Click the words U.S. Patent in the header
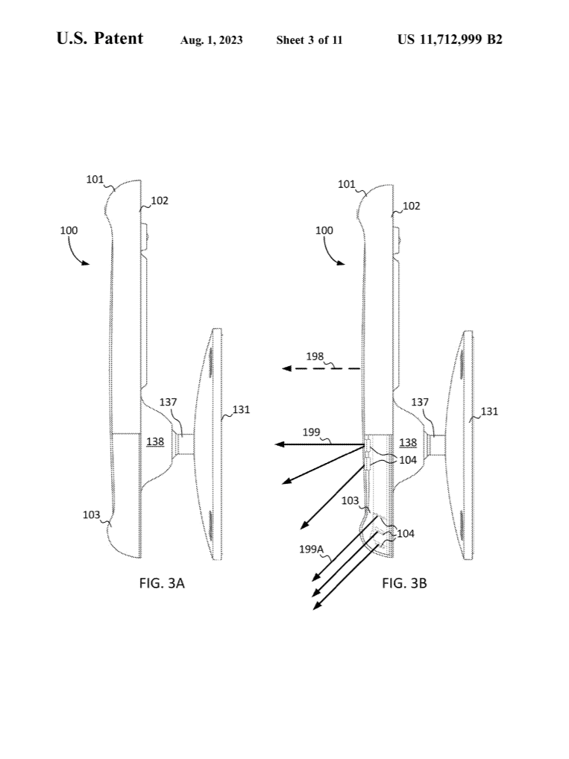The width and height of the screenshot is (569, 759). tap(99, 39)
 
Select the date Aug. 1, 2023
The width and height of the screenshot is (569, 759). tap(211, 40)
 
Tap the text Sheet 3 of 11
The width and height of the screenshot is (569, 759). tap(309, 40)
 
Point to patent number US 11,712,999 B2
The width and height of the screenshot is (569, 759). tap(450, 40)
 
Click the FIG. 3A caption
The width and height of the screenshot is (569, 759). tap(162, 583)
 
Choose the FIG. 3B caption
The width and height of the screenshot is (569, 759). tap(404, 583)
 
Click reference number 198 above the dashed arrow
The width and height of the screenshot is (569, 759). tap(315, 356)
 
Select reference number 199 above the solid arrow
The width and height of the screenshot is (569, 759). tap(312, 432)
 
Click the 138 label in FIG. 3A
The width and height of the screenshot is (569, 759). tap(155, 441)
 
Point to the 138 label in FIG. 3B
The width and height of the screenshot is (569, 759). tap(408, 442)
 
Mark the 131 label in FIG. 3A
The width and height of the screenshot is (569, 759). tap(241, 409)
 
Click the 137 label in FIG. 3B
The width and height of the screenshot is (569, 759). tap(421, 402)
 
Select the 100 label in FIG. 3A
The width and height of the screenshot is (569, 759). tap(69, 230)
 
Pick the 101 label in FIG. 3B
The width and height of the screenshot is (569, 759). tap(346, 184)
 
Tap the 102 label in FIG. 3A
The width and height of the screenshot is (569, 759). tap(160, 200)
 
